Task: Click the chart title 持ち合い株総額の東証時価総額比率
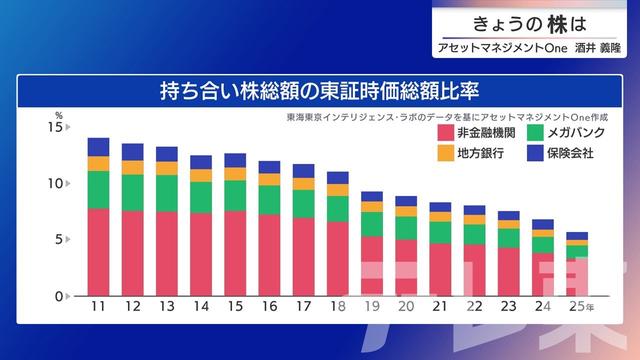coord(320,91)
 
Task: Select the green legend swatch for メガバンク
coord(534,132)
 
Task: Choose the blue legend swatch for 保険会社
coord(534,153)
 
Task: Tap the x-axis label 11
coord(98,307)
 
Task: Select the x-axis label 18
coord(338,307)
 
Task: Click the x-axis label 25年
coord(580,307)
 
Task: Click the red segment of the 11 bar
coord(98,251)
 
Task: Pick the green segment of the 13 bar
coord(167,193)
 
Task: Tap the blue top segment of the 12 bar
coord(132,152)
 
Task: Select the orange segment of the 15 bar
coord(235,174)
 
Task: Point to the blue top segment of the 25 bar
coord(577,236)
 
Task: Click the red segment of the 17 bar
coord(303,256)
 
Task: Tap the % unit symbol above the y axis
coord(58,117)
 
